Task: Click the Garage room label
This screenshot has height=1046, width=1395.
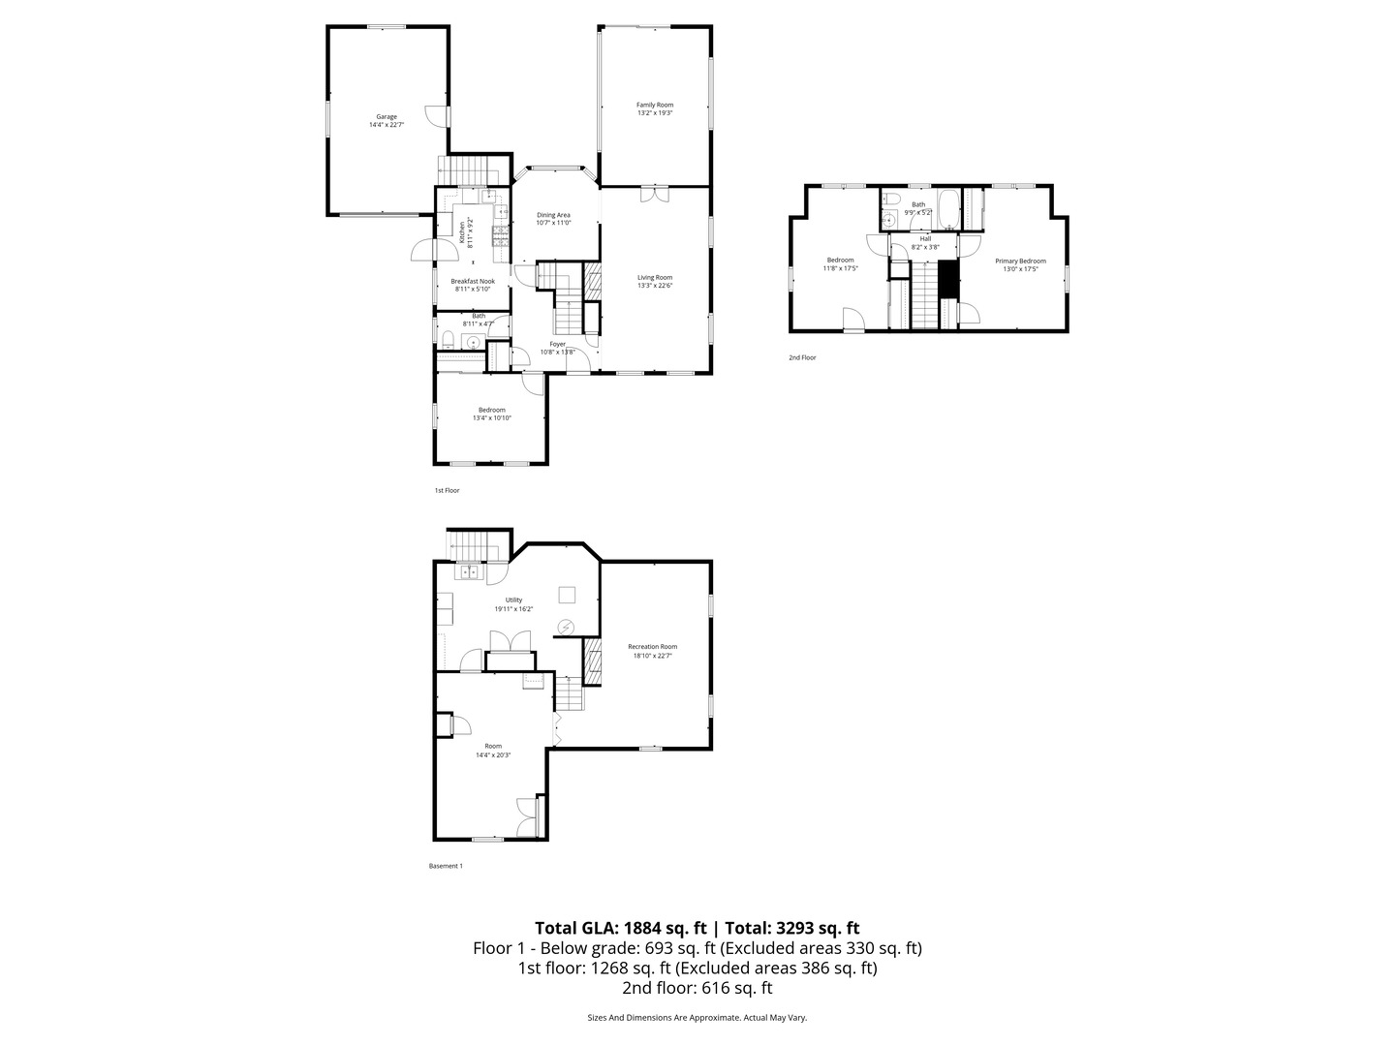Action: click(x=387, y=117)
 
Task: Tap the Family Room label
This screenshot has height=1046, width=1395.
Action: click(x=655, y=105)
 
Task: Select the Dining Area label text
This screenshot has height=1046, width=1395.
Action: click(x=554, y=215)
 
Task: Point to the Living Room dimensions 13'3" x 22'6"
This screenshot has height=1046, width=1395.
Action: click(x=655, y=286)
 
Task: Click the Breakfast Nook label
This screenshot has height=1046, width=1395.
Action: click(x=473, y=281)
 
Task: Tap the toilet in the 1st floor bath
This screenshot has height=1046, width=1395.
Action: click(x=448, y=340)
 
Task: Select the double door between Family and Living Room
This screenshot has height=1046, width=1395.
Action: click(x=655, y=194)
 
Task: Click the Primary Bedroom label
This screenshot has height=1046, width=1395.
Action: click(x=1020, y=261)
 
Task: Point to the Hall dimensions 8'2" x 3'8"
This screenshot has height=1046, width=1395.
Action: click(x=925, y=247)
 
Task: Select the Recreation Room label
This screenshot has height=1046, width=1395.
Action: click(x=652, y=647)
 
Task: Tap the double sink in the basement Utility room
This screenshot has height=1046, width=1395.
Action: click(x=469, y=572)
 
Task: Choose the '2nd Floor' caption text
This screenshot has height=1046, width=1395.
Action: click(x=802, y=357)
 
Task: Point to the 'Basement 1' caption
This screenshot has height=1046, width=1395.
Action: click(x=446, y=866)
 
